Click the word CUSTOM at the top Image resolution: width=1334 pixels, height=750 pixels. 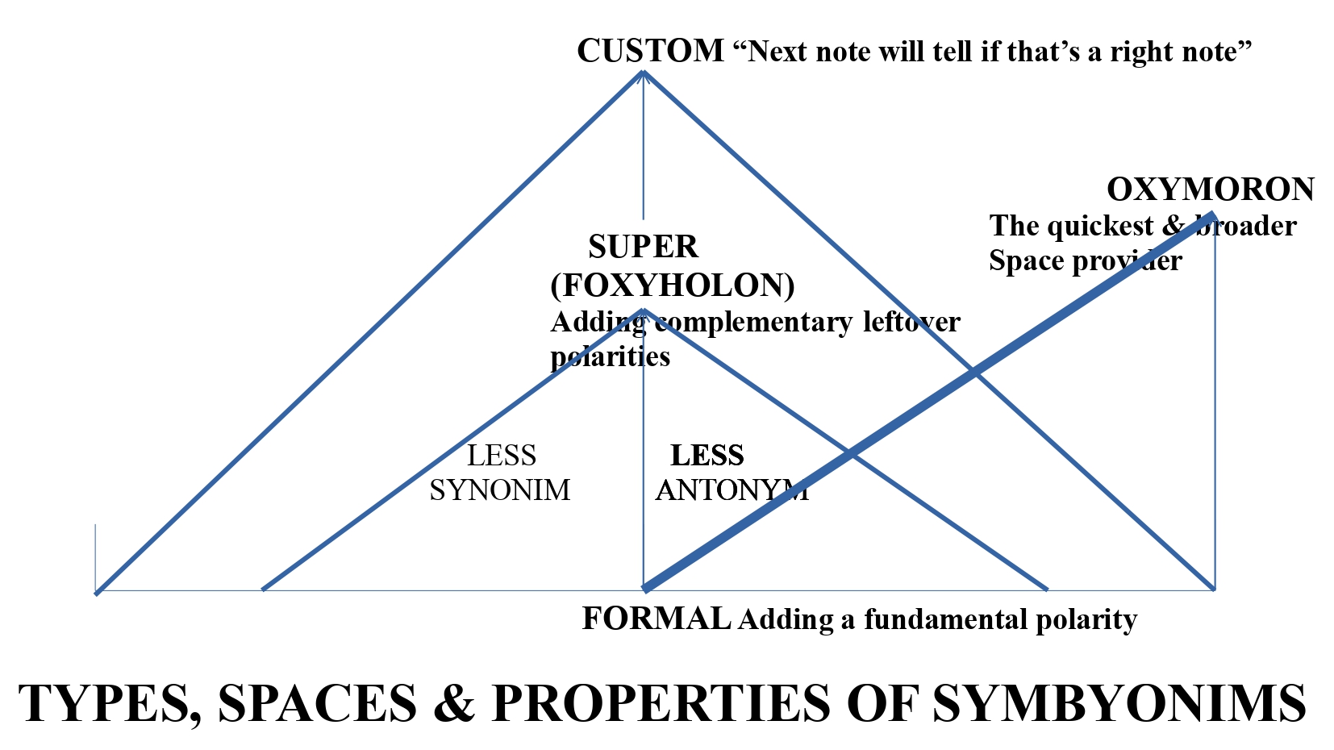650,51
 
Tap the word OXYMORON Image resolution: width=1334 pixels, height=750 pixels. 1210,190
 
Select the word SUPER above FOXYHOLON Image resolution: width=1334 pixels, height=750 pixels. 643,247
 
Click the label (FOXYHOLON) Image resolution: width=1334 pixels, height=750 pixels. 673,285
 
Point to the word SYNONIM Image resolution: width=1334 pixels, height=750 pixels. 499,490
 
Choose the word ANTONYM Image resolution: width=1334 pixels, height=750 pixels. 732,490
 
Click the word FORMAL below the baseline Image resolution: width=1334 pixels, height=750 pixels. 656,619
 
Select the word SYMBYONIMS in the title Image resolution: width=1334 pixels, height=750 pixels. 1119,703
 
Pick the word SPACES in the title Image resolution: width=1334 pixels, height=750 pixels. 317,703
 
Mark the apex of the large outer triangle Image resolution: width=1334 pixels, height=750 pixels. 643,73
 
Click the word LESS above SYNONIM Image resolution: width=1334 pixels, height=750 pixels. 502,456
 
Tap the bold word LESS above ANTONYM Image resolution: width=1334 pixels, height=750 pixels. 707,456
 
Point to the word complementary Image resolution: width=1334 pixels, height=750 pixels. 752,322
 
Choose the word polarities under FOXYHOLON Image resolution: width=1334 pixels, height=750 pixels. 610,356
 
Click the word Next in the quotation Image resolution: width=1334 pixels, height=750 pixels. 777,52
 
